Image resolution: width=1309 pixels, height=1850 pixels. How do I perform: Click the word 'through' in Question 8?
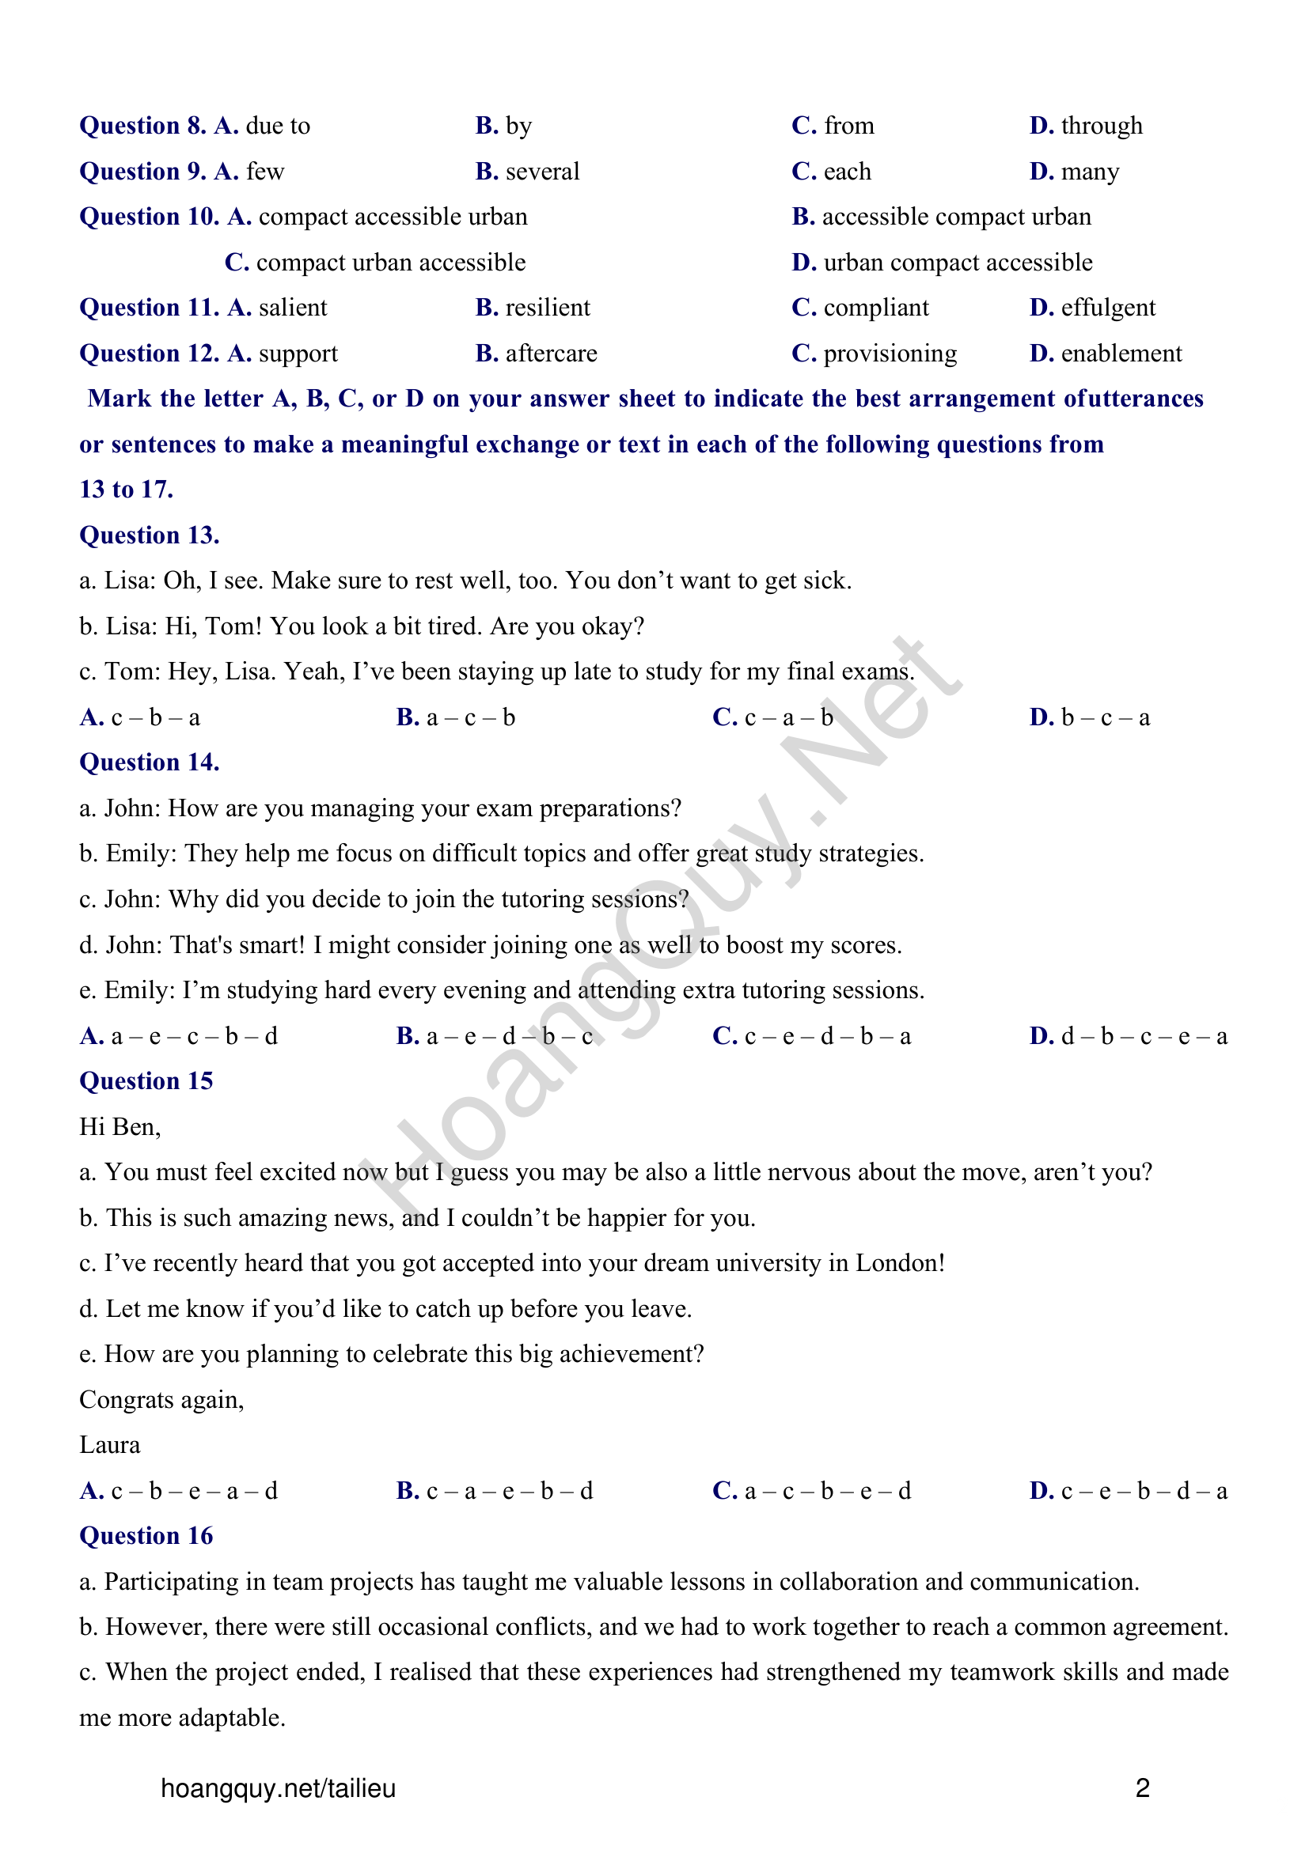coord(1101,126)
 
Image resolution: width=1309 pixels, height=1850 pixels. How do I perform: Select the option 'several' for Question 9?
coord(541,172)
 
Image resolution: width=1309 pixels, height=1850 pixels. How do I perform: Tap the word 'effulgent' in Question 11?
coord(1107,308)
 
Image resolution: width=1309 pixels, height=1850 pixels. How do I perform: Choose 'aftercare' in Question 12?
coord(551,354)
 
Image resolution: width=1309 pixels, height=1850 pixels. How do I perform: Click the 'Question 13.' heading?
coord(149,535)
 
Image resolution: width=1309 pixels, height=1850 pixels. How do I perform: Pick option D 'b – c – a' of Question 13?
coord(1089,717)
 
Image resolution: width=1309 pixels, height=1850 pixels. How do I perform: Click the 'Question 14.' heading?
coord(149,762)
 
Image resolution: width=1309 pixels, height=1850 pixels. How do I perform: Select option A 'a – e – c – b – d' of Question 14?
coord(178,1036)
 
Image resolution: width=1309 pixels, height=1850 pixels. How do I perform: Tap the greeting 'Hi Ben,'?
coord(120,1126)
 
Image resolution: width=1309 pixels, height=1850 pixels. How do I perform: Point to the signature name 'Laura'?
coord(110,1445)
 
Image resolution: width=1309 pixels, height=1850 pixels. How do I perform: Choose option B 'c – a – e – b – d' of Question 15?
coord(494,1491)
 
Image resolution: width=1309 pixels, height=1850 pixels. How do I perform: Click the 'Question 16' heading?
coord(146,1536)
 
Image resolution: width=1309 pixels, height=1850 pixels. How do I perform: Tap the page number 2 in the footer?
coord(1142,1788)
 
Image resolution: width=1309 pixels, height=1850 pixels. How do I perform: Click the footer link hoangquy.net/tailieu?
coord(278,1788)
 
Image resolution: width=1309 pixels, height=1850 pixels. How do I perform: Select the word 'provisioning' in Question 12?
coord(889,354)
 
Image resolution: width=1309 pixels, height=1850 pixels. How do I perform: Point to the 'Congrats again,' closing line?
coord(161,1400)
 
